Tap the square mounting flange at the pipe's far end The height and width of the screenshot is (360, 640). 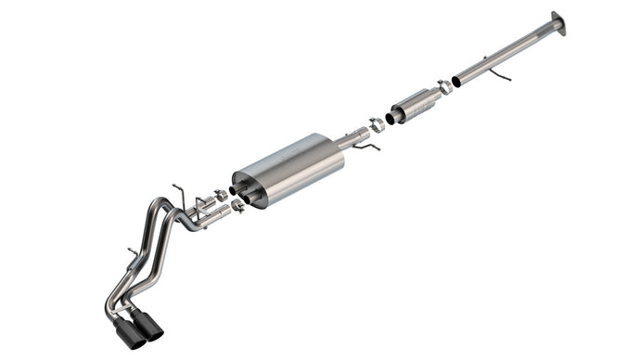557,22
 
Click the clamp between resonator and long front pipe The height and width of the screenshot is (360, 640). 445,87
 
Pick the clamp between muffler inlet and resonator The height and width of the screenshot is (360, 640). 376,123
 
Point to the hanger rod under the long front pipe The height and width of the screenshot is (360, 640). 500,74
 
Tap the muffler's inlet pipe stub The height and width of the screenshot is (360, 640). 352,139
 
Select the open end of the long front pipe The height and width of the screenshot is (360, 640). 456,82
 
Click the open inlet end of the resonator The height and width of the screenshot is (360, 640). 393,117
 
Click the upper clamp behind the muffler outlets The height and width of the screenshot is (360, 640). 221,195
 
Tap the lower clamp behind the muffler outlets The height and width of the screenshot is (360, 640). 237,206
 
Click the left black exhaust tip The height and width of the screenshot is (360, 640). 129,335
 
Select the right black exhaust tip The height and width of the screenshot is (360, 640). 149,326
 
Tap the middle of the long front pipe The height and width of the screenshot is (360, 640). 506,55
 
